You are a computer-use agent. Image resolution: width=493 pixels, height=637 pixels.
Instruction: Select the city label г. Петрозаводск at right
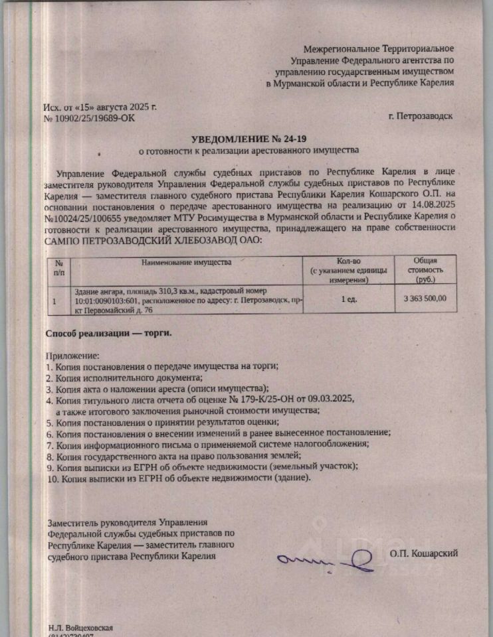pos(421,116)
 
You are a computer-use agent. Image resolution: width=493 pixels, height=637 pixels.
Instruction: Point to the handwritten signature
pos(326,561)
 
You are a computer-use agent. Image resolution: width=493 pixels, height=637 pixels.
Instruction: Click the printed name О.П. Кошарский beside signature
pos(424,553)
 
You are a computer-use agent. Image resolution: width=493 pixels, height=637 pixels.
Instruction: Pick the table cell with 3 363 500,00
pos(425,299)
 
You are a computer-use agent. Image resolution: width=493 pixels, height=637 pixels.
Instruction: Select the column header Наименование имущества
pos(186,263)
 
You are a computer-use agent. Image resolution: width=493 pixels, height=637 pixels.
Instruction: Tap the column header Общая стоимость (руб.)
pos(425,270)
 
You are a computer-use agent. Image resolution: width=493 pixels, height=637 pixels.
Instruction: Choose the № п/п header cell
pos(58,267)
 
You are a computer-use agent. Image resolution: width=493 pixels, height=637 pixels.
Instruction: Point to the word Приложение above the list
pos(72,356)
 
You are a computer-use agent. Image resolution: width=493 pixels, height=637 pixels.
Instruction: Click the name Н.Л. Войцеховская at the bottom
pos(80,626)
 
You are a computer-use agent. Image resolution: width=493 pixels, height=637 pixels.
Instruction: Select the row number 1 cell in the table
pos(54,300)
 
